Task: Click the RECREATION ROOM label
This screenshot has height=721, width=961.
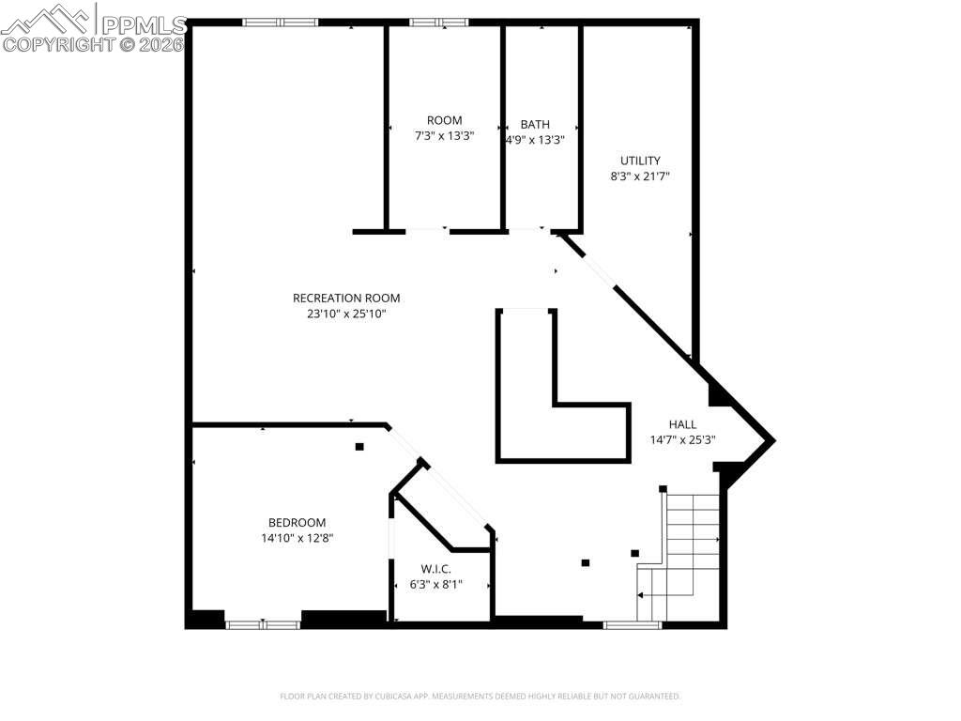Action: click(346, 299)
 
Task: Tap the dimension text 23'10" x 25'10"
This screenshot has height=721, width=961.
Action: click(346, 314)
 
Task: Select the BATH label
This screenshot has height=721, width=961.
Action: click(535, 125)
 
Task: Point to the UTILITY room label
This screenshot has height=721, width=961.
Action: click(640, 161)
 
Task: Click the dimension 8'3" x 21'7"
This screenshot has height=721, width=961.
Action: click(640, 176)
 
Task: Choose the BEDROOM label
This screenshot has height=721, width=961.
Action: click(297, 523)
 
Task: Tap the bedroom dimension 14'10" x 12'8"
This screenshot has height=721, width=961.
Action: click(297, 538)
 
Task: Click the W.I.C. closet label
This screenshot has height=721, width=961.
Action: click(435, 569)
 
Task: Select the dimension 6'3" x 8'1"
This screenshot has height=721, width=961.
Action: click(435, 584)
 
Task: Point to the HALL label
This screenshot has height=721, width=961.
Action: click(682, 424)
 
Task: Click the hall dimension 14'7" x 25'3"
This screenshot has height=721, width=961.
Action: click(682, 439)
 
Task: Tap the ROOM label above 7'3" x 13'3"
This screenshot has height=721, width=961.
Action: click(444, 120)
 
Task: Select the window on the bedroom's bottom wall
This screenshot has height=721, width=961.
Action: click(263, 623)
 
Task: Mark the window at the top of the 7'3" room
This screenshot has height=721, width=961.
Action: click(438, 23)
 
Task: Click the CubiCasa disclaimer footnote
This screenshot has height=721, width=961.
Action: click(480, 697)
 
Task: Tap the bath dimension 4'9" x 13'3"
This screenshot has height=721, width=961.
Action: click(535, 140)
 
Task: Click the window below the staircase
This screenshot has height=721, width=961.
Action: click(632, 623)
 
